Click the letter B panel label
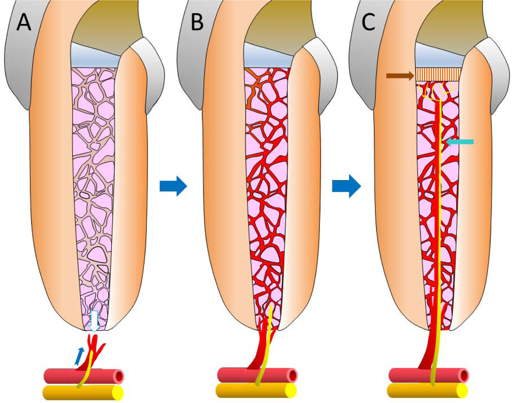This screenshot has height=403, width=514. (197, 22)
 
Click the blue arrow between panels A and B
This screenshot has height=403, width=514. (173, 186)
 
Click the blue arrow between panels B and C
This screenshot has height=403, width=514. (347, 186)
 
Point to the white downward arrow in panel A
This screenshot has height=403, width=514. (94, 321)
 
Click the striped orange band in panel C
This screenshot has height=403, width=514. (438, 74)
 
